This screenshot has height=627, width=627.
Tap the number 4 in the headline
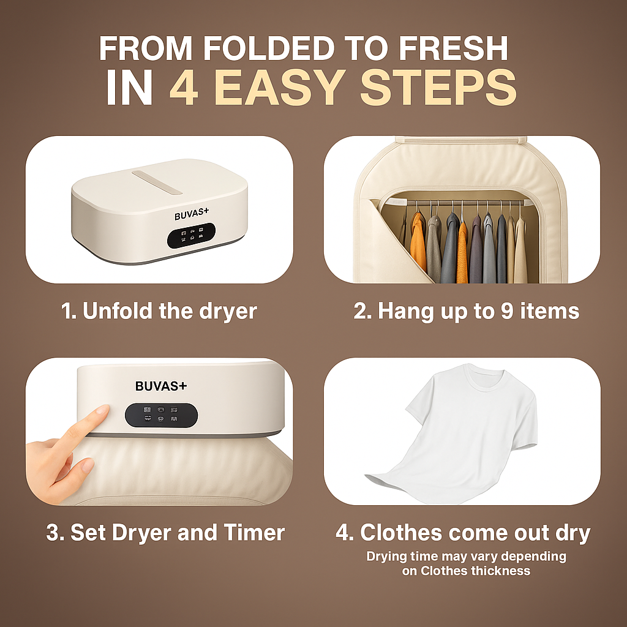pyautogui.click(x=186, y=89)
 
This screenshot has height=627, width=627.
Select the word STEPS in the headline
pyautogui.click(x=438, y=89)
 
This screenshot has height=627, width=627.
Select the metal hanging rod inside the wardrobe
pyautogui.click(x=465, y=203)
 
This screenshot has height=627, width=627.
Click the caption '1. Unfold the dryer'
pyautogui.click(x=159, y=311)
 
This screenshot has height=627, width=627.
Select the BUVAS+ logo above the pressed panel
pyautogui.click(x=161, y=386)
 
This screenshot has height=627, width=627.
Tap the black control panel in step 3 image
pyautogui.click(x=161, y=415)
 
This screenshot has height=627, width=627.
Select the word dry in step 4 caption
pyautogui.click(x=574, y=532)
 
